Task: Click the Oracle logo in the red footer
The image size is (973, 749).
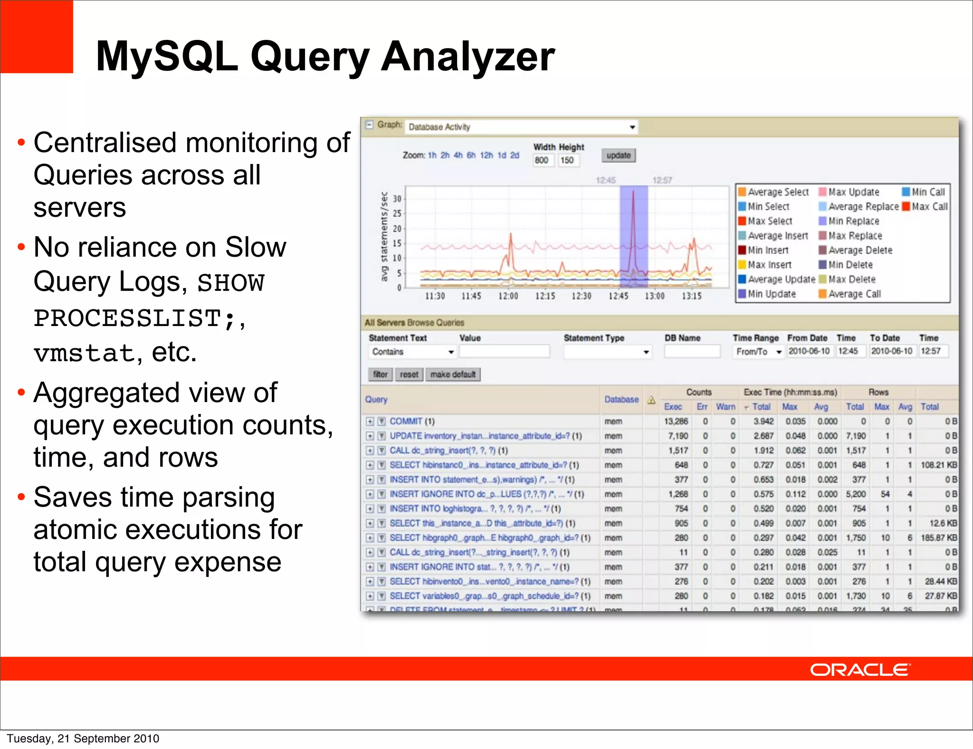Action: [x=860, y=670]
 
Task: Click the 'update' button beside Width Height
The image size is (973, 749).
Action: [x=618, y=155]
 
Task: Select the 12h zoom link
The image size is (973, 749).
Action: [x=486, y=155]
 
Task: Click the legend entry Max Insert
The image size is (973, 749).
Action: [x=769, y=265]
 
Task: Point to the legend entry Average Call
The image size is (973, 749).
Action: [x=854, y=294]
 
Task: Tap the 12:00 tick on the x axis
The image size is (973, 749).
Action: [x=508, y=296]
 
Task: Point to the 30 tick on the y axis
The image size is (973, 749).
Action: [x=397, y=199]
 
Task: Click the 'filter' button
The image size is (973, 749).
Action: [x=380, y=374]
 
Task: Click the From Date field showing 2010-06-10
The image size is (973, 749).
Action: [x=809, y=351]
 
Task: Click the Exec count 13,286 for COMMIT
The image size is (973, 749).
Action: [x=676, y=422]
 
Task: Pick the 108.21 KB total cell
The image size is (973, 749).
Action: [x=938, y=465]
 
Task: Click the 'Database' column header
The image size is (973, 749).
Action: [x=621, y=400]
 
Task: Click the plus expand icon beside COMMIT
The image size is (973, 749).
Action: [x=370, y=422]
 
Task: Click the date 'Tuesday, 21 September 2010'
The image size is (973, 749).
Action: [x=83, y=739]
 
